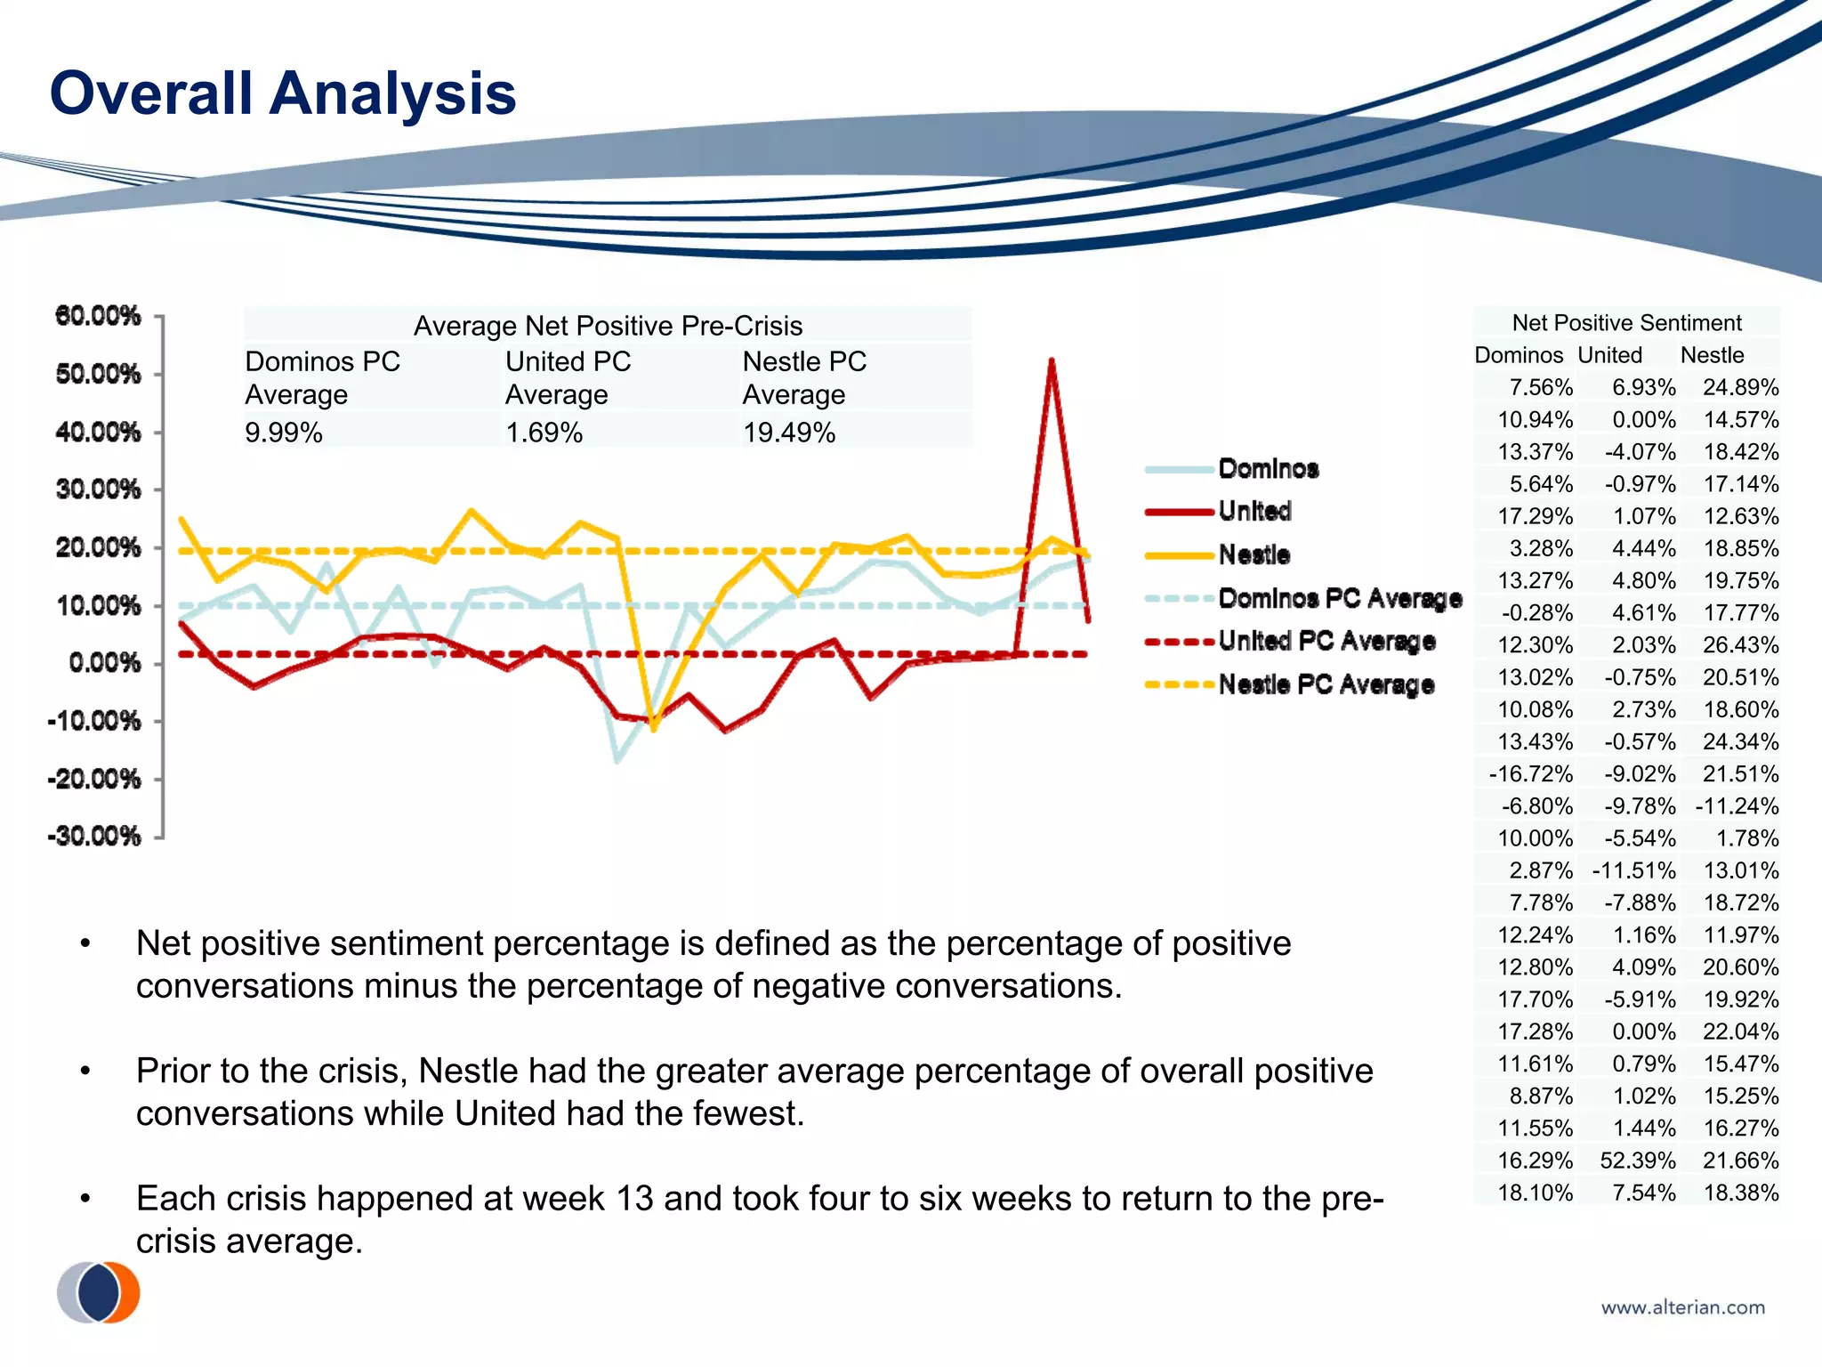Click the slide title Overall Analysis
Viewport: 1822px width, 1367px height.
[283, 93]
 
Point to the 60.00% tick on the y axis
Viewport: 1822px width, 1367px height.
[98, 315]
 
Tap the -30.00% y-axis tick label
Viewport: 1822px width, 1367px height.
[95, 836]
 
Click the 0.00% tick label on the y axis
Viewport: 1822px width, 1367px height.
[104, 663]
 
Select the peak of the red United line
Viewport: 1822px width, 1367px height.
[1052, 360]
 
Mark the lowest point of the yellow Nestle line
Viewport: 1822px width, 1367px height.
[654, 730]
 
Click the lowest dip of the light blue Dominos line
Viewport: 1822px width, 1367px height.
[617, 762]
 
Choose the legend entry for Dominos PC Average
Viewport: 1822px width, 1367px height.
[1339, 598]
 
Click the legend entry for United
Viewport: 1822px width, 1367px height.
[1254, 512]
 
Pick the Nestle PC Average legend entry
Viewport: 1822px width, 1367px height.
[1326, 684]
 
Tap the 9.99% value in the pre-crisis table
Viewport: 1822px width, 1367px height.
[284, 433]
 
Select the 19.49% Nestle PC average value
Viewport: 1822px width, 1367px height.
[789, 433]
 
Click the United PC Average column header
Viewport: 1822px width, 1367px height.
[568, 377]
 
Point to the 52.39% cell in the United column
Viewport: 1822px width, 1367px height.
[1637, 1161]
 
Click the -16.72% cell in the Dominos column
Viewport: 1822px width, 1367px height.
[1530, 773]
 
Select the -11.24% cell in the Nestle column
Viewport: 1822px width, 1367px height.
[1737, 806]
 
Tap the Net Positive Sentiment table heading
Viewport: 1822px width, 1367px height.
[1626, 322]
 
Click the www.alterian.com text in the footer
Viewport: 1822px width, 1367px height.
[1682, 1307]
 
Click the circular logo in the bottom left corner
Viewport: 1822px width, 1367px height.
[99, 1292]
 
